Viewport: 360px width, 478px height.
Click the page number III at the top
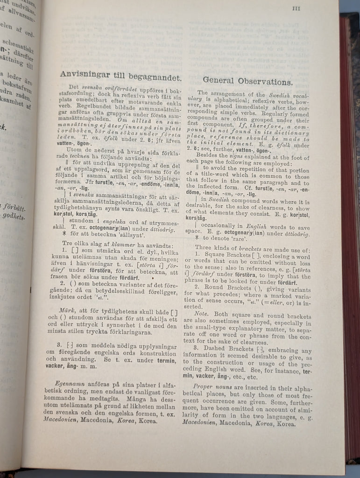(296, 8)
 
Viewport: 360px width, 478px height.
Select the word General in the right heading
(221, 80)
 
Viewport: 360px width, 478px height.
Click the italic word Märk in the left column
(68, 309)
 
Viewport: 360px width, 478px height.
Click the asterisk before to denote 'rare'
(198, 238)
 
